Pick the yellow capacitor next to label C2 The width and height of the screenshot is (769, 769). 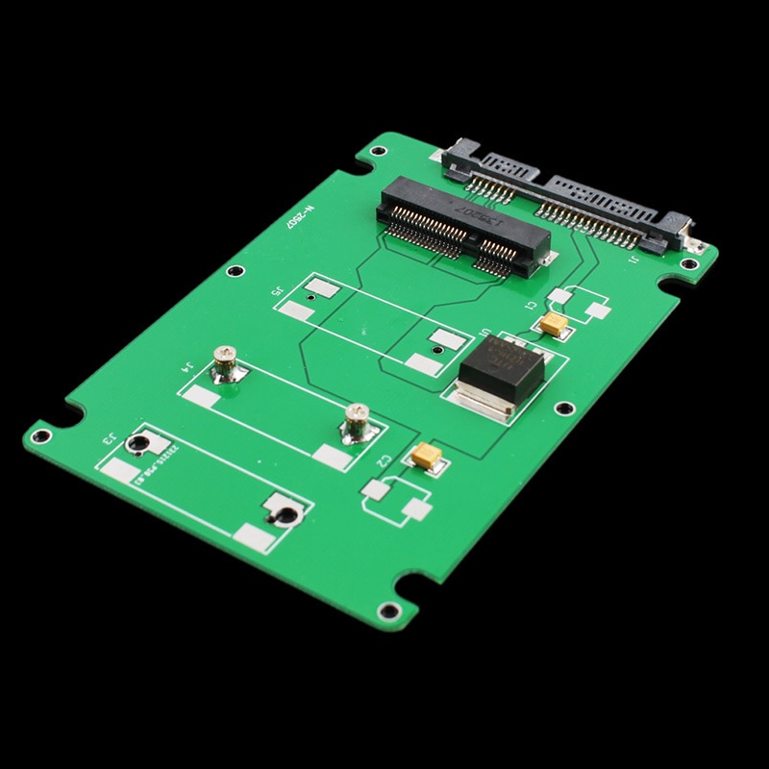click(x=425, y=455)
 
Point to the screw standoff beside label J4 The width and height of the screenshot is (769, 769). click(x=226, y=364)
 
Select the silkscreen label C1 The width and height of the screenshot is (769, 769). click(x=530, y=304)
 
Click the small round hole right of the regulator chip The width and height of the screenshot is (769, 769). click(x=565, y=409)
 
